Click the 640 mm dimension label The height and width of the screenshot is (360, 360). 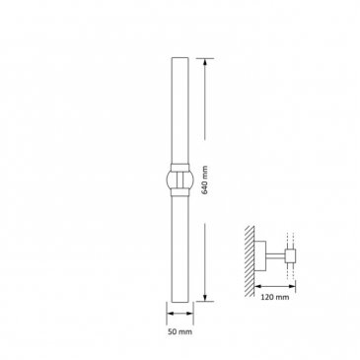(205, 180)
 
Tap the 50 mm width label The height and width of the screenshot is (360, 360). (180, 331)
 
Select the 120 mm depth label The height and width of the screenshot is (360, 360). (275, 297)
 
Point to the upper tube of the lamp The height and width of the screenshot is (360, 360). (180, 110)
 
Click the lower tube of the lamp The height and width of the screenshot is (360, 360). (180, 250)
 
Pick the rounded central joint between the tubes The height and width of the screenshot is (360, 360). (180, 180)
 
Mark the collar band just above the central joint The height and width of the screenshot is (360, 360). (180, 167)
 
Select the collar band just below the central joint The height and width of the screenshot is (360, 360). (180, 193)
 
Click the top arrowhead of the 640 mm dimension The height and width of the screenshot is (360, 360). (205, 62)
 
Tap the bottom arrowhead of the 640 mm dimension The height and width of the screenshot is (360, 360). (205, 297)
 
